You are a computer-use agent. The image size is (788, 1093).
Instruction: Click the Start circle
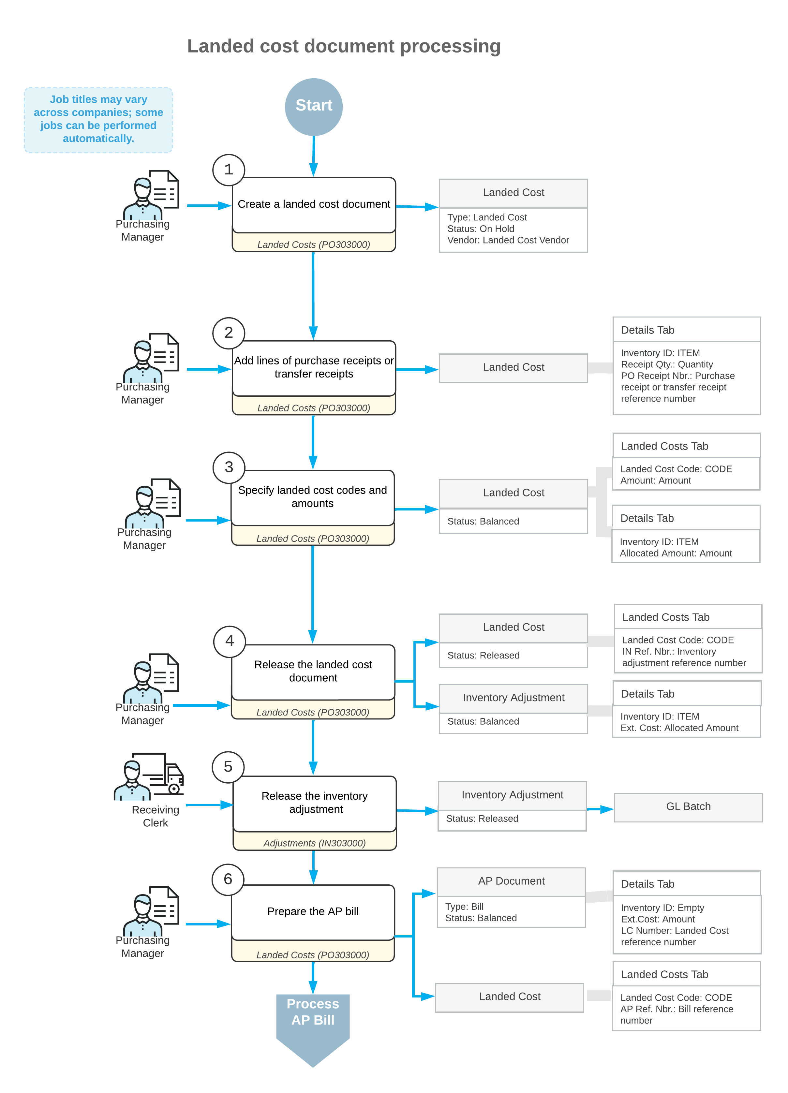coord(313,107)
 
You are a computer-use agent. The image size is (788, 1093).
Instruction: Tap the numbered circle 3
coord(229,467)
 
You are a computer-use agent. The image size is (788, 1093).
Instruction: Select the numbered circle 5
coord(228,767)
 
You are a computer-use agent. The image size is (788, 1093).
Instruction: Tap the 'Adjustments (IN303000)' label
coord(314,843)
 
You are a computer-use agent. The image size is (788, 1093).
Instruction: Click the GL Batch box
coord(688,807)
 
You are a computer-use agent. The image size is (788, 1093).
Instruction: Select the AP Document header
coord(511,881)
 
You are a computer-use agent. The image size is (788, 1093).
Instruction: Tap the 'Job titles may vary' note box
coord(98,120)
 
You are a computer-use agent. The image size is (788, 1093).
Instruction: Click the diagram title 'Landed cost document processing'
coord(344,46)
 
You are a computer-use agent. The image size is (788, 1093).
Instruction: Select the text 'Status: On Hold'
coord(481,229)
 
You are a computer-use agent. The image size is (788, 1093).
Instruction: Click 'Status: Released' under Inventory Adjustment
coord(482,819)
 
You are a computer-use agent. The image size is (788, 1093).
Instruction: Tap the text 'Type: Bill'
coord(464,907)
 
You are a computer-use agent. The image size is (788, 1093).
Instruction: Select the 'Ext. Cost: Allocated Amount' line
coord(679,728)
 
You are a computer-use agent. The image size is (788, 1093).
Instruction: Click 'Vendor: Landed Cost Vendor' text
coord(508,241)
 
